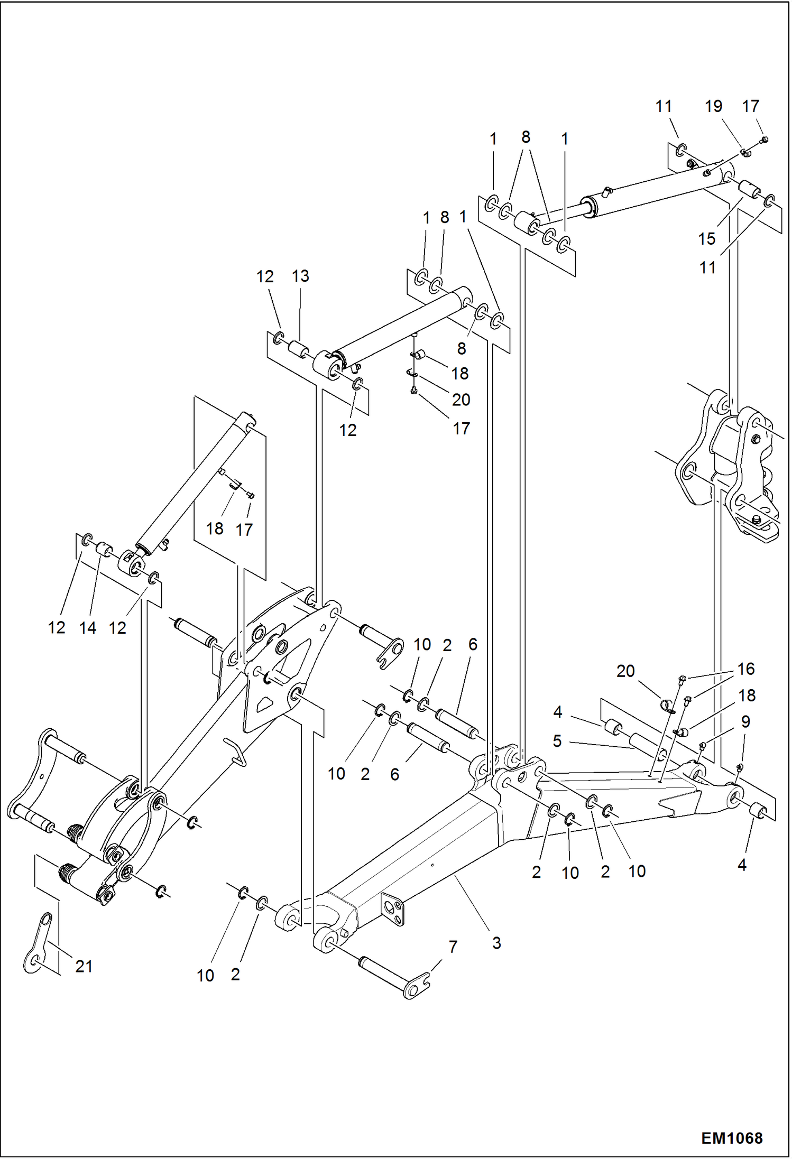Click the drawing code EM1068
(731, 1137)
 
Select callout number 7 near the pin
(453, 947)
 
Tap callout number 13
(300, 276)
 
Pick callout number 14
(88, 628)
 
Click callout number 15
(706, 239)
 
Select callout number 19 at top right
(713, 106)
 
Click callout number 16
(745, 669)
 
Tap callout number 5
(557, 741)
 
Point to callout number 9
(745, 721)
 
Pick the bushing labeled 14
(104, 551)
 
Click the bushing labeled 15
(749, 189)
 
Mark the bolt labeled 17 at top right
(764, 140)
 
